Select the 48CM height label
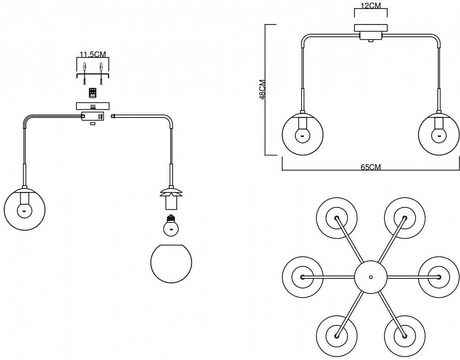click(262, 89)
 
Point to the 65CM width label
click(370, 167)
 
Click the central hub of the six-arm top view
click(371, 276)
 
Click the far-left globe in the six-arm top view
click(302, 276)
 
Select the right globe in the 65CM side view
click(439, 132)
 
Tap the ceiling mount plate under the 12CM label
click(370, 28)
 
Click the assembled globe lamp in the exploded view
click(24, 207)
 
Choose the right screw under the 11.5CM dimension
click(101, 73)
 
